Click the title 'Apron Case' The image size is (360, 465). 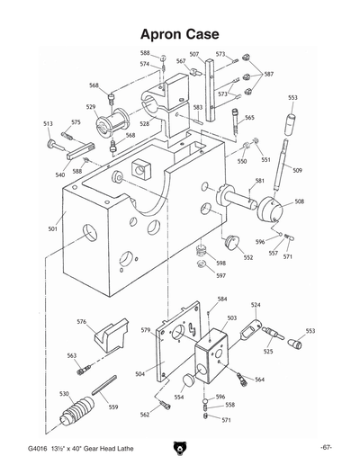pos(180,34)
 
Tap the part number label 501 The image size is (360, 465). pos(53,229)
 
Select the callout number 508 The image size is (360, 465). pos(299,201)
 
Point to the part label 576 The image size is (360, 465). pos(81,322)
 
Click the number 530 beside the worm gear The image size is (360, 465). pos(64,394)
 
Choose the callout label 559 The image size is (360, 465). pos(113,407)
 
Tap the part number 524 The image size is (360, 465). pos(256,305)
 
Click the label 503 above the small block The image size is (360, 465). pos(231,317)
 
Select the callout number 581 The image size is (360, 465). pos(259,181)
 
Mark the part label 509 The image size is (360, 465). pos(298,170)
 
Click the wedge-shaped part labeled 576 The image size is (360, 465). pos(106,336)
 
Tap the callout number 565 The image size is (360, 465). pos(249,118)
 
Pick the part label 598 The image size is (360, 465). pos(220,263)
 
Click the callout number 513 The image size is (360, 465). pos(48,123)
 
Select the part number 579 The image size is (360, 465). pos(144,330)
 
